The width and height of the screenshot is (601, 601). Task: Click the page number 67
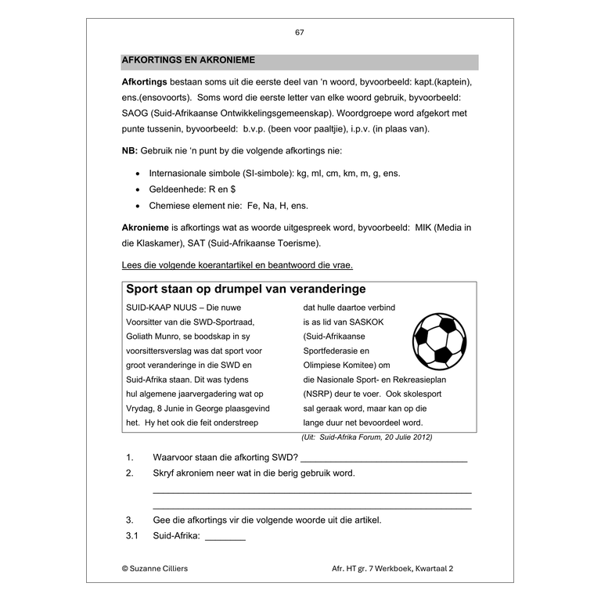point(300,32)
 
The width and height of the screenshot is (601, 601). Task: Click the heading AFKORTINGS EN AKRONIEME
point(188,60)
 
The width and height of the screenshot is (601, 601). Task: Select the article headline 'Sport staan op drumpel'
point(246,290)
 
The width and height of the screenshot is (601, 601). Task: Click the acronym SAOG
point(137,114)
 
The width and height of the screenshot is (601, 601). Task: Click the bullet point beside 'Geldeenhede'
point(138,189)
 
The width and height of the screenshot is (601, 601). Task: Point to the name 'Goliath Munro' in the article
point(156,336)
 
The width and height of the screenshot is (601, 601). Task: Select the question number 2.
point(130,473)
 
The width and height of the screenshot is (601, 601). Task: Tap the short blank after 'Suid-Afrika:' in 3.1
point(225,538)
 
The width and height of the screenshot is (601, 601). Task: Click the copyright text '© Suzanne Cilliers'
point(154,568)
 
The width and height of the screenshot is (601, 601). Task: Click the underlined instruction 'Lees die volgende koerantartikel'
point(237,265)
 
